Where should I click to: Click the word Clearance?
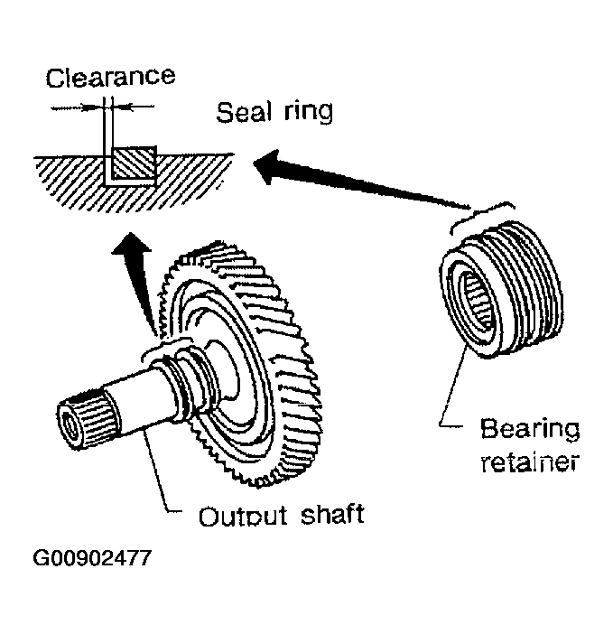click(x=110, y=78)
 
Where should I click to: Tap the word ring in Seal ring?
click(x=309, y=112)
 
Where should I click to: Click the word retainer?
click(x=530, y=462)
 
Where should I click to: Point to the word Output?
click(x=243, y=516)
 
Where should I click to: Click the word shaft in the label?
click(x=332, y=514)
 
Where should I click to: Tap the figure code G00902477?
click(x=92, y=558)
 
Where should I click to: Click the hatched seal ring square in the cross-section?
click(x=134, y=163)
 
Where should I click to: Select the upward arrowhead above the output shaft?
click(x=131, y=244)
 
